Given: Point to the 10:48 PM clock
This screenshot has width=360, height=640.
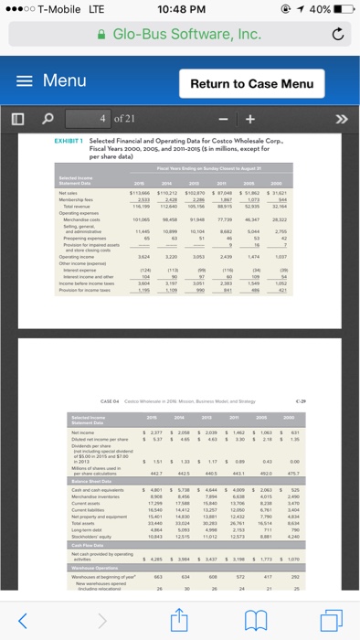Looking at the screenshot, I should tap(180, 10).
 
